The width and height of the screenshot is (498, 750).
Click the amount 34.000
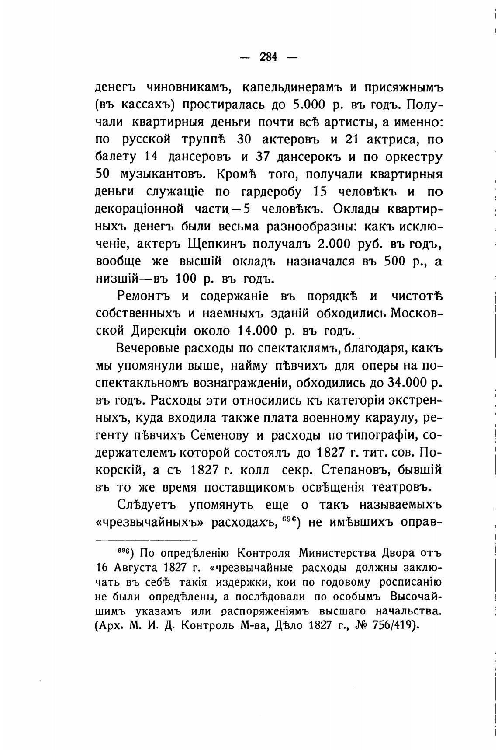407,383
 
